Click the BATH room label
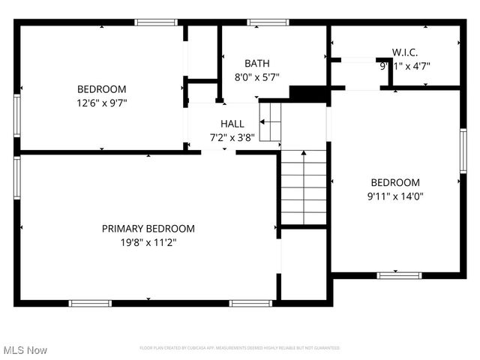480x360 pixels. [x=256, y=64]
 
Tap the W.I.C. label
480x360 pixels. [x=404, y=52]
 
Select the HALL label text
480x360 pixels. [x=232, y=124]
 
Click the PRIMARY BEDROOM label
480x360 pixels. [x=148, y=229]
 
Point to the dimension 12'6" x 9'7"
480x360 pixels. [x=102, y=103]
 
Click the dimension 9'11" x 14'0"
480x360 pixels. [x=394, y=196]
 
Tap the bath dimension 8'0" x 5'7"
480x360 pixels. [x=256, y=77]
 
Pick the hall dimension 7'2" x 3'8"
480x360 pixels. [x=232, y=137]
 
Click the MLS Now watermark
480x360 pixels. [x=25, y=350]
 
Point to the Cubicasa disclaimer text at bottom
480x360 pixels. [x=240, y=348]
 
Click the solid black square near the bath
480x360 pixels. [x=308, y=93]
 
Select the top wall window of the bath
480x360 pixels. [x=268, y=22]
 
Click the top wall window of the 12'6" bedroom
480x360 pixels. [x=156, y=22]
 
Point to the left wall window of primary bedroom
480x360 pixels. [x=16, y=178]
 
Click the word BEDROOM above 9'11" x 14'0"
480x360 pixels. [x=395, y=183]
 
